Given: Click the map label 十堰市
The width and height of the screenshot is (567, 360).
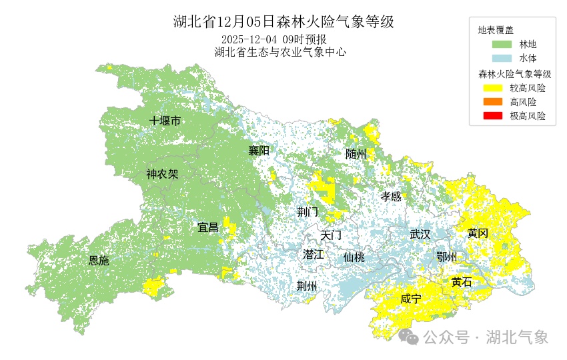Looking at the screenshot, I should (165, 121).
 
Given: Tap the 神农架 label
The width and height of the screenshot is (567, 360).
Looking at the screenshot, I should (162, 174).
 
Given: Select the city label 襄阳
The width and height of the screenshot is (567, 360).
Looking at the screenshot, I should (259, 150).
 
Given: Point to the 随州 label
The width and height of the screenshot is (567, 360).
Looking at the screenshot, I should (356, 153).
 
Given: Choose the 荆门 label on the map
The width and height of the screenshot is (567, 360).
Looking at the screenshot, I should (308, 212).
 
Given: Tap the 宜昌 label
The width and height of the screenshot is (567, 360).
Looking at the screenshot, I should (208, 227).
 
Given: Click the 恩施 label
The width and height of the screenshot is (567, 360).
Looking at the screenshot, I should (99, 261).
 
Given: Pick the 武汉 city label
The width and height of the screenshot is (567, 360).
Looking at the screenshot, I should (420, 234).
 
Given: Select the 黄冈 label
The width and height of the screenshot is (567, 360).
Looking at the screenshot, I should (478, 233).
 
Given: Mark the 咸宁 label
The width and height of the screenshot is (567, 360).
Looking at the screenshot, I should (411, 299).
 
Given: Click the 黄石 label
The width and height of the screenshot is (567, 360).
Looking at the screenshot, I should (461, 282).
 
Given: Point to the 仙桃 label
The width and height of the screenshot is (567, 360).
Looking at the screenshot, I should (354, 257).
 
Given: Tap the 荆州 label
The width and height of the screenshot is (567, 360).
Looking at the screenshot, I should (307, 285).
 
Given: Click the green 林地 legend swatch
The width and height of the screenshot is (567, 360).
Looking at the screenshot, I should (502, 45).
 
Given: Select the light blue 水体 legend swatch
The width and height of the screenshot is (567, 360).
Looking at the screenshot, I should (502, 59).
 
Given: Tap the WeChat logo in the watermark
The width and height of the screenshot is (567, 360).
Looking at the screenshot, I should (408, 337).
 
